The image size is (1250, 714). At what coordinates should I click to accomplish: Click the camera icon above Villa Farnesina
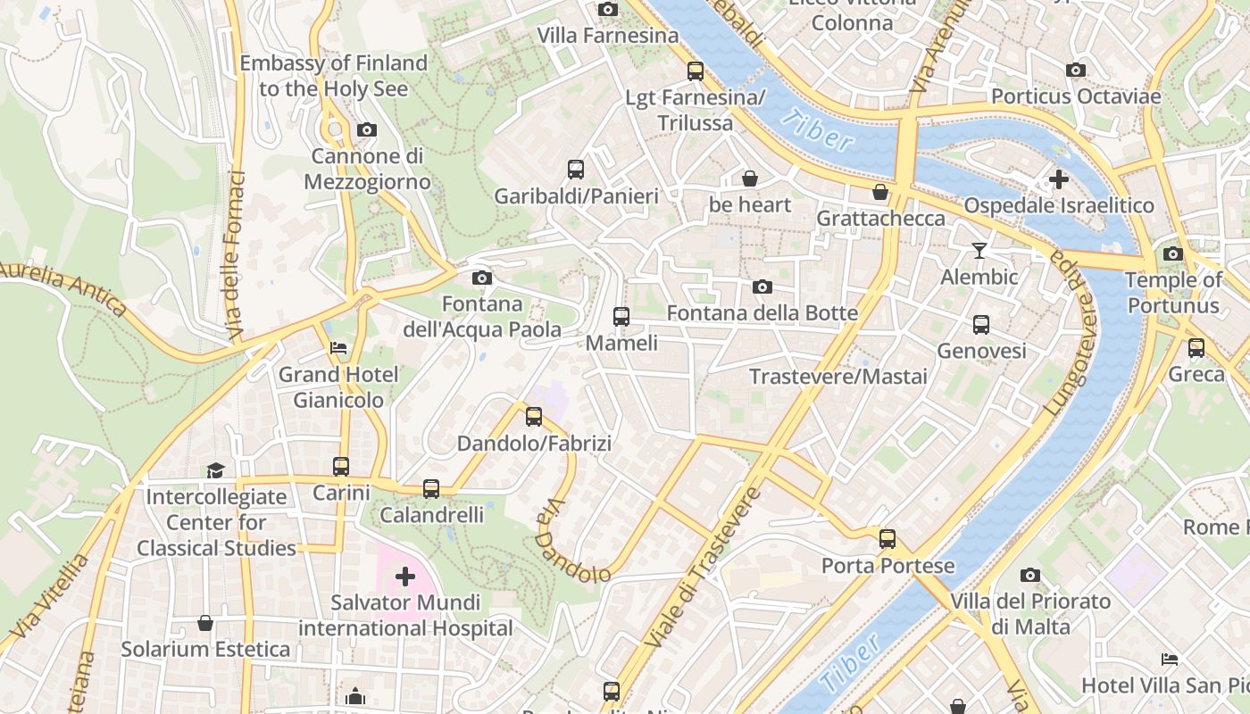[608, 9]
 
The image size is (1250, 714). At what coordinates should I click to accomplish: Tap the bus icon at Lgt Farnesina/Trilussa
[695, 71]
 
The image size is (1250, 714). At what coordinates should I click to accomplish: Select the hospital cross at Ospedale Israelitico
[1058, 179]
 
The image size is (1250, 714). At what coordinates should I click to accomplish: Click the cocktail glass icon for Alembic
[979, 251]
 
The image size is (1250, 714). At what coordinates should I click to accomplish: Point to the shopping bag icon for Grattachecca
[880, 192]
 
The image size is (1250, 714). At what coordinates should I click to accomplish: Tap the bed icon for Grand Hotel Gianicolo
[338, 347]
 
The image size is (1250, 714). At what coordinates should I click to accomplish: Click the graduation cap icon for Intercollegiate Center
[215, 470]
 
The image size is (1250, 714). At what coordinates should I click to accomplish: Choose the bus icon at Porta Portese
[887, 538]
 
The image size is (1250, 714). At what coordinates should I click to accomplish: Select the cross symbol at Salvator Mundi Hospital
[405, 577]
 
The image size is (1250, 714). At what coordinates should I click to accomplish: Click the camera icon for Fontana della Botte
[762, 286]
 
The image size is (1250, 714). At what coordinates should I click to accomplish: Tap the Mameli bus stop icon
[621, 316]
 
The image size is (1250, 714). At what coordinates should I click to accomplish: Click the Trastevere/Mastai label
[838, 377]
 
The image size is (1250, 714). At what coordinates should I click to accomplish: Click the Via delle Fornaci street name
[237, 255]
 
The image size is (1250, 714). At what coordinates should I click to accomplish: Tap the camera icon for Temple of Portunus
[1173, 253]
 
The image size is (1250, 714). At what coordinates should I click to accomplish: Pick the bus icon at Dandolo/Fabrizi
[534, 416]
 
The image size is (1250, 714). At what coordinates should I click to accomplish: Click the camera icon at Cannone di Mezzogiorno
[366, 130]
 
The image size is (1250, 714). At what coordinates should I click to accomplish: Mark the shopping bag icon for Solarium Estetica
[205, 622]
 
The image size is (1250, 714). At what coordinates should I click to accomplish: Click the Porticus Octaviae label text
[1076, 96]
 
